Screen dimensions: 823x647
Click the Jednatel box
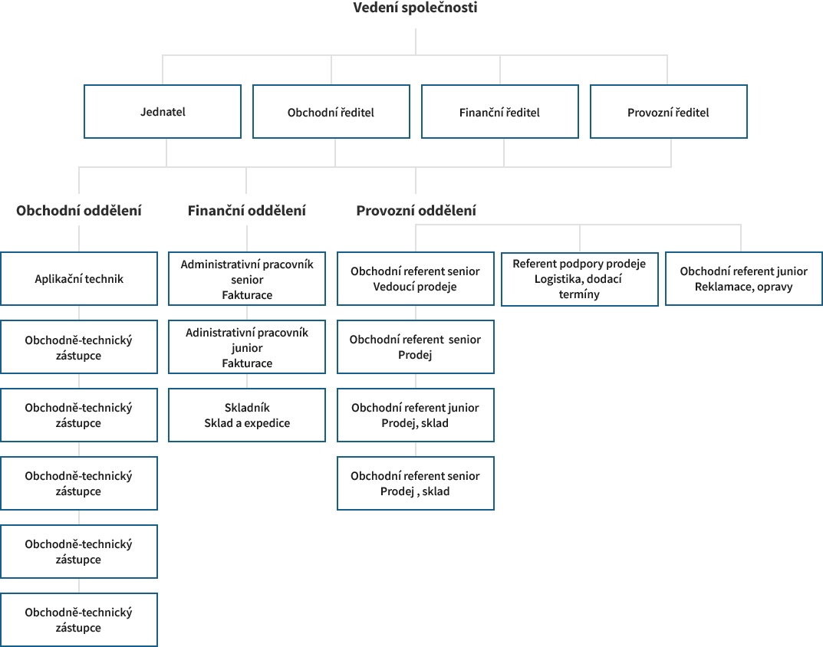(x=163, y=112)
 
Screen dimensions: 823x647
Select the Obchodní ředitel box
(x=331, y=112)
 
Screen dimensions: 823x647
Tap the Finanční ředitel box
(x=499, y=112)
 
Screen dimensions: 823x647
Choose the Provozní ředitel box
(x=669, y=112)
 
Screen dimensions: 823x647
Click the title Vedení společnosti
(x=415, y=8)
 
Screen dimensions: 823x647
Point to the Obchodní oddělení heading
(x=79, y=210)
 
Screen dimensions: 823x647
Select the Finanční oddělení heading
(x=247, y=210)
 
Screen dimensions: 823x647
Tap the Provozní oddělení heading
(x=416, y=210)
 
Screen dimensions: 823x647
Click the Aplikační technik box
(x=79, y=278)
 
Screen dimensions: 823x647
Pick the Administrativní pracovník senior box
(x=247, y=278)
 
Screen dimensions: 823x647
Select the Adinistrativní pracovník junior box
(x=247, y=346)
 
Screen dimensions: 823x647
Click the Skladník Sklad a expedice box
(x=247, y=415)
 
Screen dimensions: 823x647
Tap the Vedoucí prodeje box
(x=416, y=278)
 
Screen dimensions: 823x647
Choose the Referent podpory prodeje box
(x=580, y=279)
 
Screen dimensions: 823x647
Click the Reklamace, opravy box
(x=744, y=278)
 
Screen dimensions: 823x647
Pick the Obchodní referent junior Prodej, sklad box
(x=416, y=415)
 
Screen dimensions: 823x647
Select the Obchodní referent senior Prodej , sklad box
(x=416, y=483)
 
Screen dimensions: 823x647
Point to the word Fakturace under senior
(x=247, y=295)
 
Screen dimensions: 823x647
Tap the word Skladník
(x=247, y=408)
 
